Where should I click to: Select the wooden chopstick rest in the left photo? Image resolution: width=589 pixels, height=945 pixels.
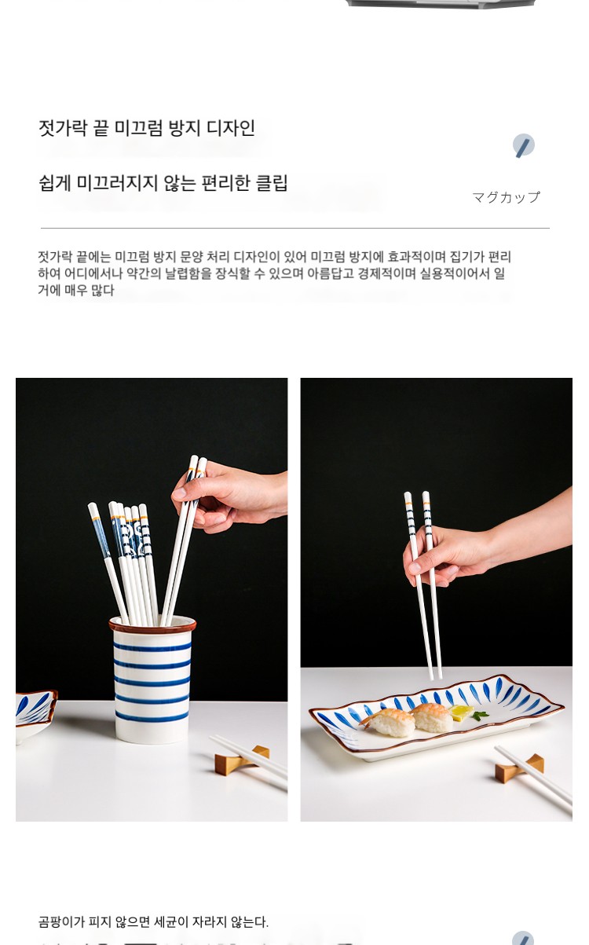click(x=242, y=760)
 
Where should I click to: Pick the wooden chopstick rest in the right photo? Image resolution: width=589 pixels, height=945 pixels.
click(x=519, y=767)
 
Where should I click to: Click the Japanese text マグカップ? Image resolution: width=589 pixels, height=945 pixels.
click(x=506, y=197)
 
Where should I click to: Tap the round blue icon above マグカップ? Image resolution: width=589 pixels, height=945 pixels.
click(x=524, y=145)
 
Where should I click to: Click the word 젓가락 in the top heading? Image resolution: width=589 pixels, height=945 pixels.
click(x=64, y=128)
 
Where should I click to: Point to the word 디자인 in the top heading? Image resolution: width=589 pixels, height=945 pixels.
click(x=231, y=128)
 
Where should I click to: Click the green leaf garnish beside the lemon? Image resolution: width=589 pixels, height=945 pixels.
click(x=480, y=715)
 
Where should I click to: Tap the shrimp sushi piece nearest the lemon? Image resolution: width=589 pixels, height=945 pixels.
click(x=431, y=717)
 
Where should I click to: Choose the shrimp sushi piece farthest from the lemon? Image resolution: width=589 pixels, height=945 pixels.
click(x=387, y=722)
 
